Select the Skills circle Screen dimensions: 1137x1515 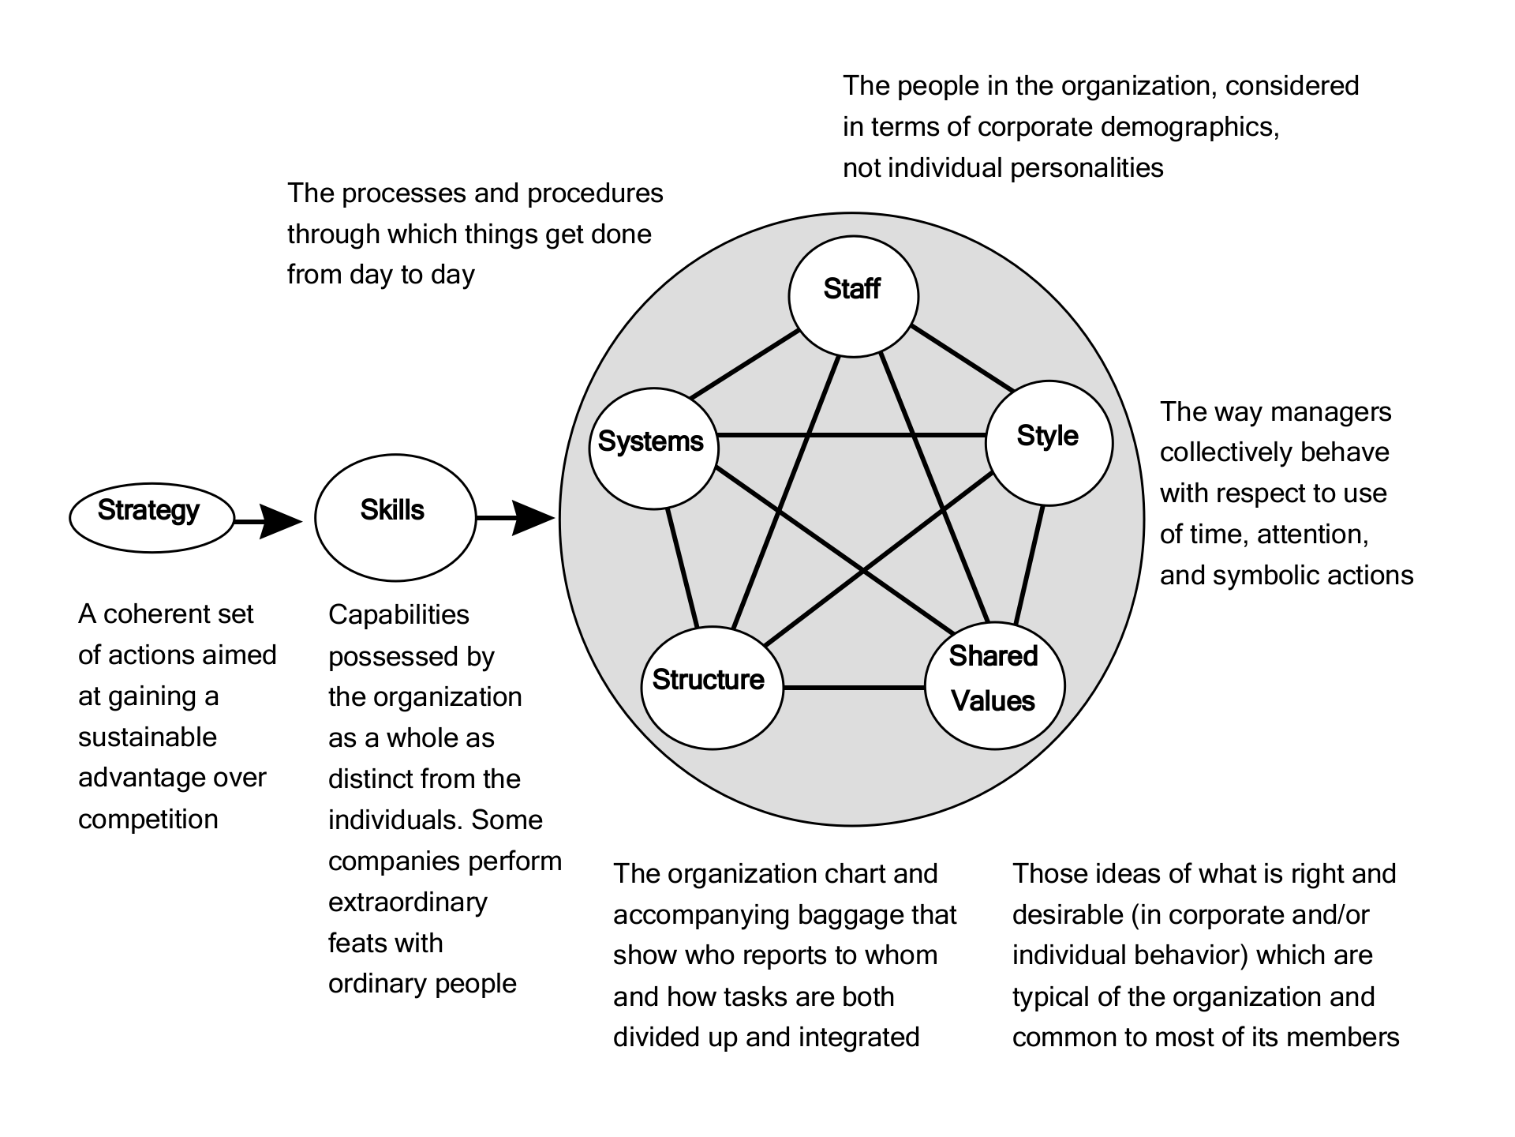pos(395,517)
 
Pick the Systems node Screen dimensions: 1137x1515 pos(653,448)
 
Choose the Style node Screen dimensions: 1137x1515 pos(1049,442)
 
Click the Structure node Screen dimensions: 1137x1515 pos(712,687)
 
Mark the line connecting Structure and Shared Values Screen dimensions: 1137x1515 pos(854,688)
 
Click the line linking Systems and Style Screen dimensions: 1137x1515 pos(852,435)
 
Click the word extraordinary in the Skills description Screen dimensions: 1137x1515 pos(407,902)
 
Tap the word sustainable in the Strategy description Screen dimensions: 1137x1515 pos(147,737)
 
